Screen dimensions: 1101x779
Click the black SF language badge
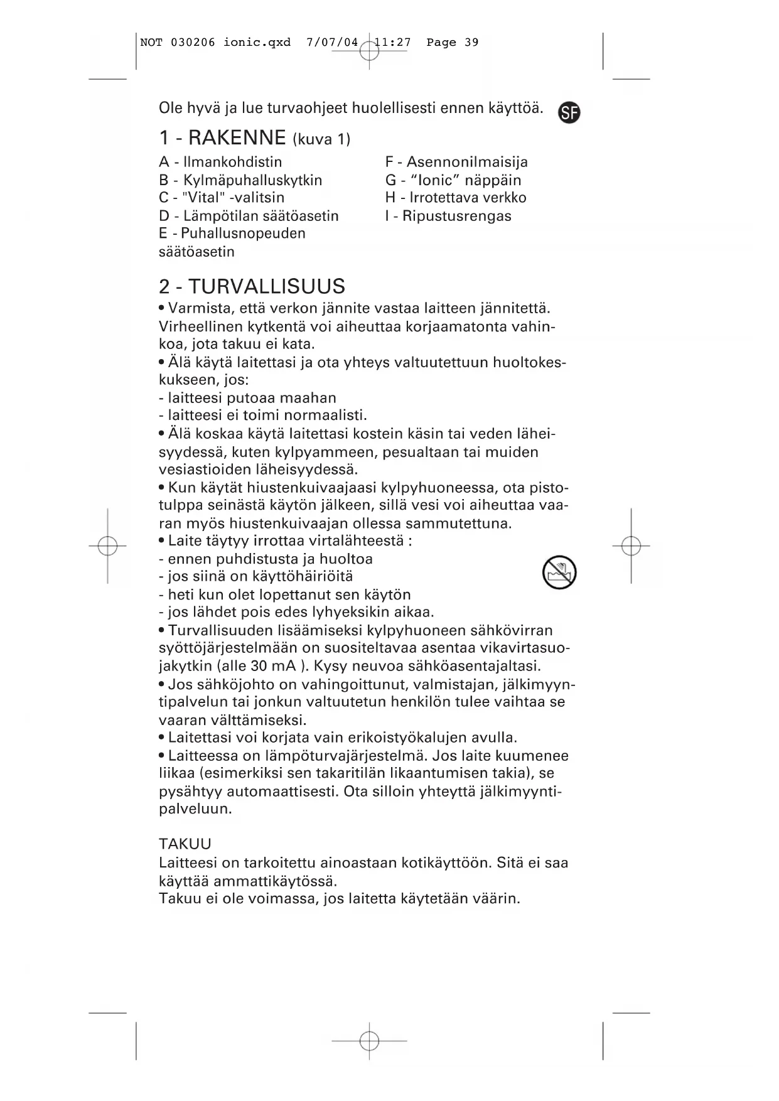point(569,113)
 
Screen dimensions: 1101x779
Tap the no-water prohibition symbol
point(559,572)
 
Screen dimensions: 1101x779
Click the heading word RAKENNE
point(237,137)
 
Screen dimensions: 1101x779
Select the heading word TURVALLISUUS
point(267,286)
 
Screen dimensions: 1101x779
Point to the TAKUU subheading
point(185,844)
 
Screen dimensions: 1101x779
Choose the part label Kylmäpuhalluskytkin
point(252,180)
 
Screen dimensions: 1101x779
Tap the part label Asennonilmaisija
point(467,162)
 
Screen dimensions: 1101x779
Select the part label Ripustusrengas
point(456,216)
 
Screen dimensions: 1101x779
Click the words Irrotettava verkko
point(468,198)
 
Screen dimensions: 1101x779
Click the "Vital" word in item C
point(202,198)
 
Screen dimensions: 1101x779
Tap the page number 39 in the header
point(471,43)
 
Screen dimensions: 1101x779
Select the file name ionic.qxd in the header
point(257,43)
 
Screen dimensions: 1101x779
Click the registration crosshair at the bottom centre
point(370,1041)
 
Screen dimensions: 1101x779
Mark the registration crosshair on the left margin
point(108,546)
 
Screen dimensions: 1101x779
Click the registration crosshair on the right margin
point(631,546)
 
